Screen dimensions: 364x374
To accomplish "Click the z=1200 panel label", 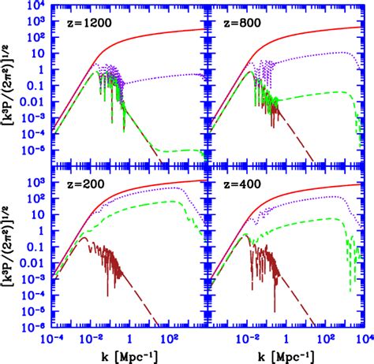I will [88, 25].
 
